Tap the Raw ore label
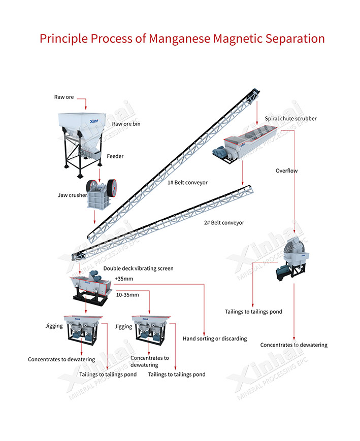tap(64, 96)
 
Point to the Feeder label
tap(115, 156)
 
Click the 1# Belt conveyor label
tap(187, 182)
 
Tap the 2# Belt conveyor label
tap(224, 222)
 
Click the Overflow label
tap(286, 171)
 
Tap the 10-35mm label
tap(127, 294)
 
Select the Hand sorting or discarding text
tap(215, 338)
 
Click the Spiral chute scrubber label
tap(290, 118)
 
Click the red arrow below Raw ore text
tap(85, 104)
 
